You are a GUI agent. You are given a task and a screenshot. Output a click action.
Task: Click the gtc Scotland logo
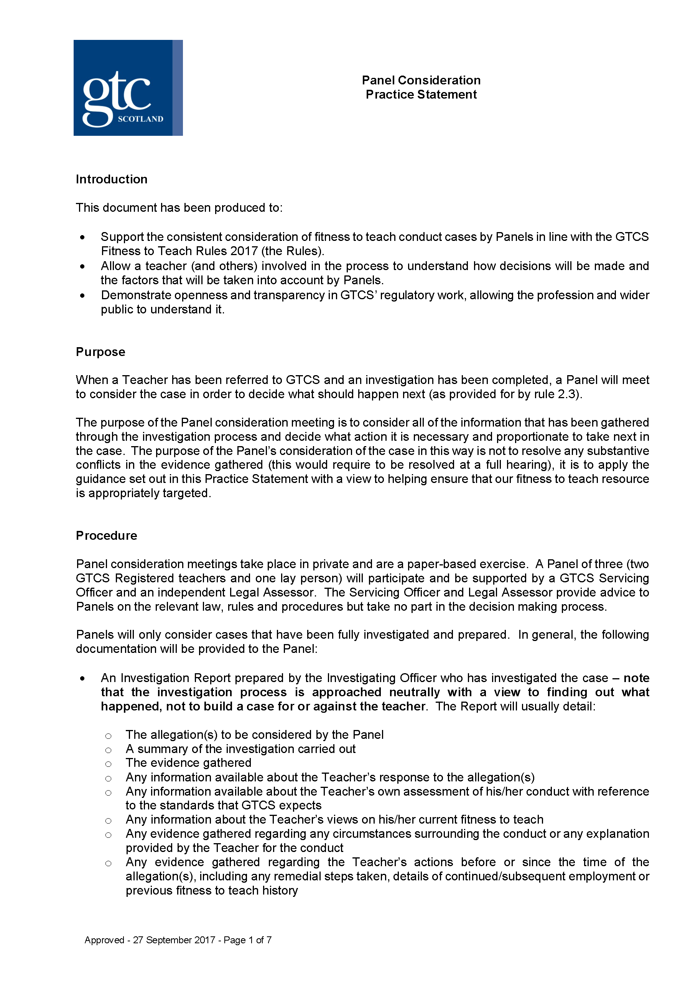tap(128, 88)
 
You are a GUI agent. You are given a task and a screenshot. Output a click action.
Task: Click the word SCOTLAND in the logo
tap(140, 119)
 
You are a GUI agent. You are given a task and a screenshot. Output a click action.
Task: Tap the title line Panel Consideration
tap(421, 81)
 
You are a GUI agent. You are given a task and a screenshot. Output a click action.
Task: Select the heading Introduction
tap(111, 179)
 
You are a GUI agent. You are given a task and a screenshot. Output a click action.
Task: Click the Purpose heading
tap(100, 352)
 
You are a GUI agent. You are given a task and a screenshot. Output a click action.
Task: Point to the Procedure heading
tap(106, 535)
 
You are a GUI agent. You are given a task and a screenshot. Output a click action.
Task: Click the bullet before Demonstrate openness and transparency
tap(82, 296)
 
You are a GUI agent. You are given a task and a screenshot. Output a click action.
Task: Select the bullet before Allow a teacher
tap(82, 267)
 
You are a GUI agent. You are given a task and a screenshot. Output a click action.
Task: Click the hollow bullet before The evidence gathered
tap(108, 764)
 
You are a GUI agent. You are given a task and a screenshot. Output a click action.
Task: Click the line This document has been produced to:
tap(179, 208)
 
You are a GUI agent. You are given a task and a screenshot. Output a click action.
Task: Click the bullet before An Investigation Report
tap(82, 679)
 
